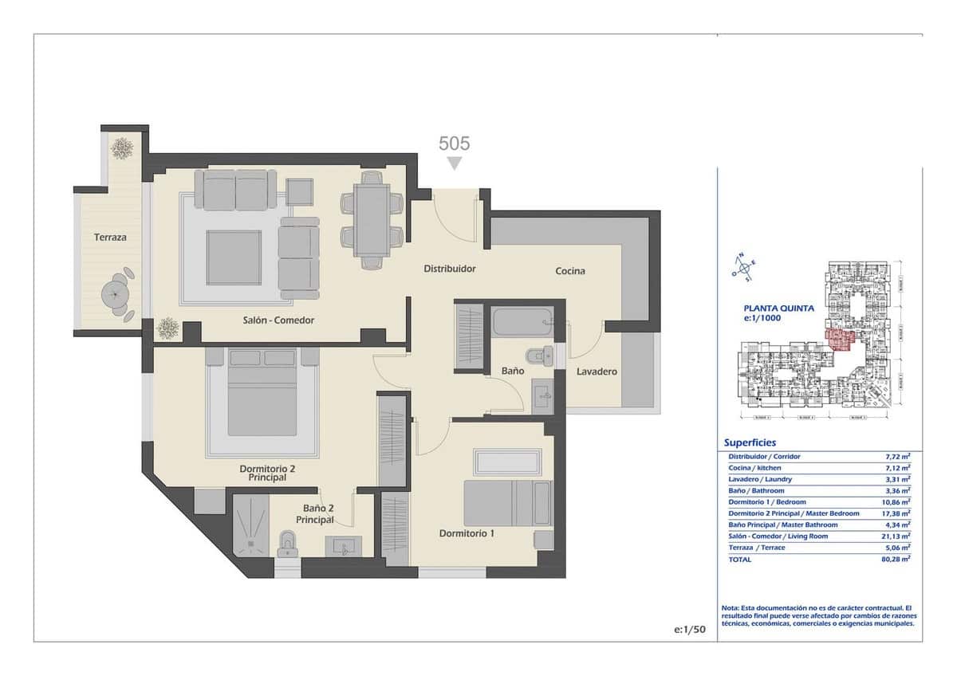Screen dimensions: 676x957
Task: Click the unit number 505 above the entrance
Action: pyautogui.click(x=455, y=143)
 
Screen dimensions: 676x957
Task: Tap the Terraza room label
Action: pyautogui.click(x=110, y=237)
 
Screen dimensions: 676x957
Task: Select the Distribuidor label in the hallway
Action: pyautogui.click(x=449, y=269)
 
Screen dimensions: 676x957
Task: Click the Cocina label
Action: pyautogui.click(x=570, y=271)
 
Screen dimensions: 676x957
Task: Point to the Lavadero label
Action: pyautogui.click(x=597, y=371)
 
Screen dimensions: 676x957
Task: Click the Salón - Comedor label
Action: pyautogui.click(x=278, y=320)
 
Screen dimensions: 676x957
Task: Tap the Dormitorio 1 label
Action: pyautogui.click(x=467, y=533)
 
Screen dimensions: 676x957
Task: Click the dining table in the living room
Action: pyautogui.click(x=372, y=218)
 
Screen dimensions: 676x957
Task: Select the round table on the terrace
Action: pyautogui.click(x=117, y=293)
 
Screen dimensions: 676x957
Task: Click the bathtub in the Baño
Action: pyautogui.click(x=523, y=323)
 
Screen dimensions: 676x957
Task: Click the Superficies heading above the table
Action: pyautogui.click(x=750, y=442)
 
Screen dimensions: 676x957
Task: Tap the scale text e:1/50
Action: pyautogui.click(x=690, y=629)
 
